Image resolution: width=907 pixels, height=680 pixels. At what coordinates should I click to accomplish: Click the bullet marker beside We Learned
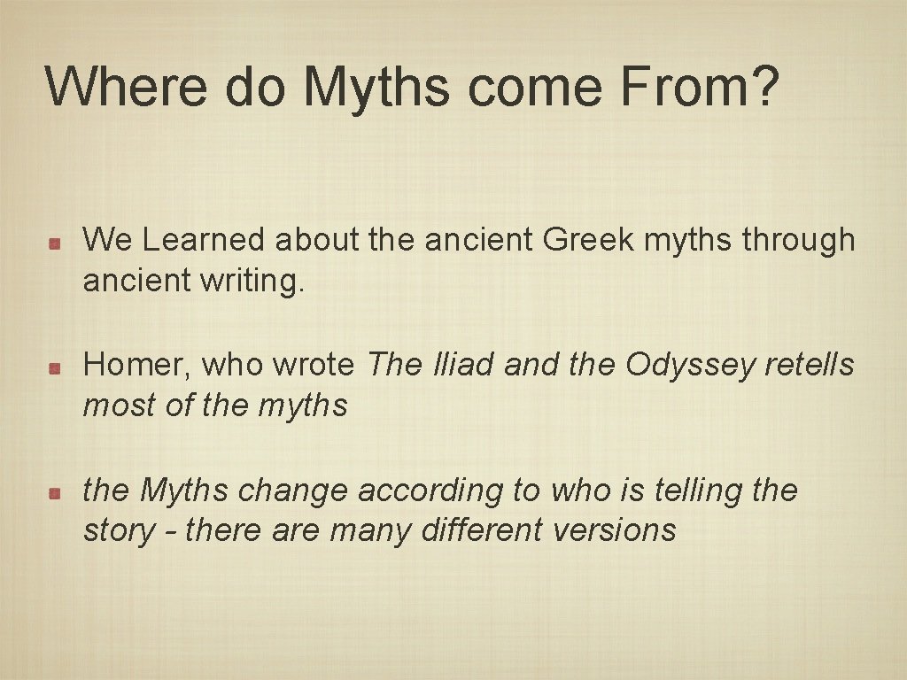[54, 243]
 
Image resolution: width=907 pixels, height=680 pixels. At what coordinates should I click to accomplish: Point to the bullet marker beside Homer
[54, 367]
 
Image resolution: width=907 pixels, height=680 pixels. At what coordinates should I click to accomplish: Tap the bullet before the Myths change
[54, 492]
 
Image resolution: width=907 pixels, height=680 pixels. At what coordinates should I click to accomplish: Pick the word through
[798, 240]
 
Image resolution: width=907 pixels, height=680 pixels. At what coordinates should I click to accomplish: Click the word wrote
[314, 365]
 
